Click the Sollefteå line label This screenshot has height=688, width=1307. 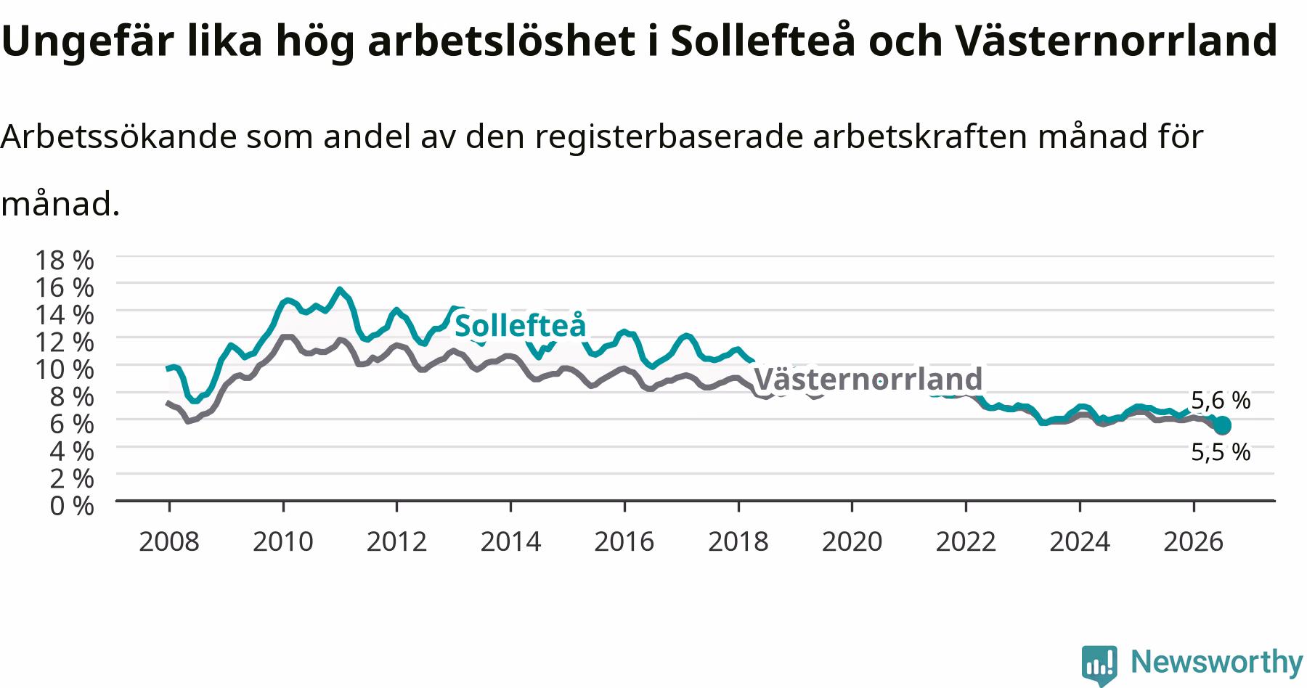tap(520, 325)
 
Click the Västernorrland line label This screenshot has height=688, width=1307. tap(868, 379)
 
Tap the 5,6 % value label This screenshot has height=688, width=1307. tap(1221, 400)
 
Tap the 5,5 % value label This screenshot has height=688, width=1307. tap(1221, 452)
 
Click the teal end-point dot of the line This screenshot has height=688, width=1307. tap(1222, 425)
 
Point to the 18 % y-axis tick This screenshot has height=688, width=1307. tap(63, 260)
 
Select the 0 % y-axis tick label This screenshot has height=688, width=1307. tap(72, 505)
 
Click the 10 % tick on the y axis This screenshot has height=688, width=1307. tap(63, 369)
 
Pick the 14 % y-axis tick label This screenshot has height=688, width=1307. tap(63, 314)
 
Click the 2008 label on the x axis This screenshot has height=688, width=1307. tap(168, 541)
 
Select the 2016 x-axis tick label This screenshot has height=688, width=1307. tap(624, 541)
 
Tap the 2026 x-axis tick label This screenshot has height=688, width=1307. tap(1193, 541)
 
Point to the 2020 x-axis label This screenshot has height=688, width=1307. tap(852, 541)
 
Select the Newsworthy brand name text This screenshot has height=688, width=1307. tap(1217, 662)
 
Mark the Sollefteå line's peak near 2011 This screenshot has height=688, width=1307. tap(339, 289)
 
